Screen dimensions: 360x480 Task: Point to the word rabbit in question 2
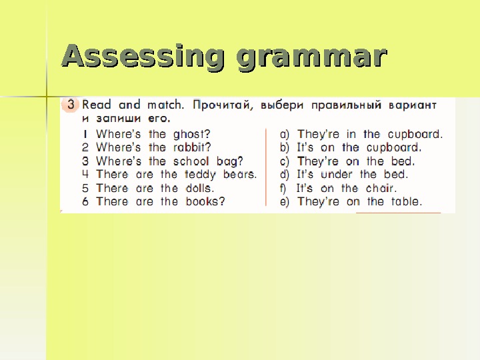tap(189, 147)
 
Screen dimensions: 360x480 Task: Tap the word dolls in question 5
tap(197, 187)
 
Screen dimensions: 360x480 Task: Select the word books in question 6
tap(203, 201)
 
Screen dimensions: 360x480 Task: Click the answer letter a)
tap(285, 134)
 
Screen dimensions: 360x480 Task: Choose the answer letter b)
tap(285, 147)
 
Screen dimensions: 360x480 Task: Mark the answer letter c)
tap(285, 161)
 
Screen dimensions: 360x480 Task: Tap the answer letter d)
tap(285, 174)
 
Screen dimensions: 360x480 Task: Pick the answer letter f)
tap(284, 187)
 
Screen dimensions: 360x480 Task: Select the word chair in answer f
tap(381, 187)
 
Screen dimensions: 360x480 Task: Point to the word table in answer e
tap(405, 201)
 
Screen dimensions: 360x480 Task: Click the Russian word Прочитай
tap(223, 105)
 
